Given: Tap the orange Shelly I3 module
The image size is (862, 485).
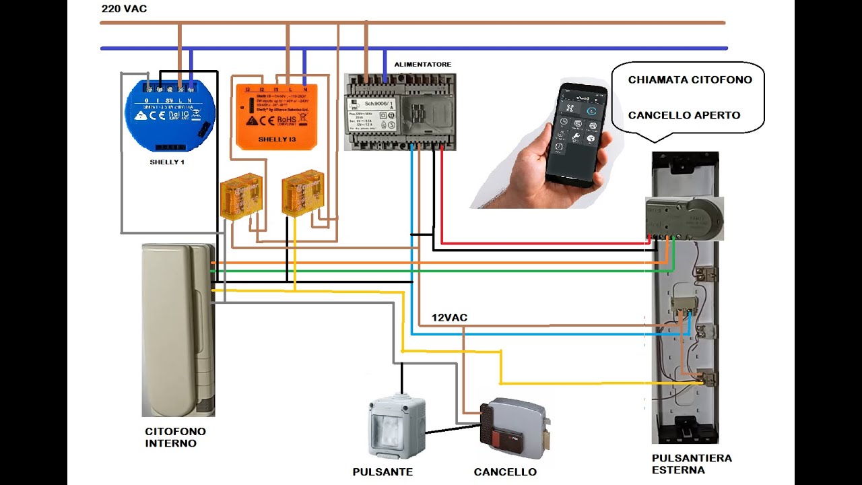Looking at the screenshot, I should [x=277, y=115].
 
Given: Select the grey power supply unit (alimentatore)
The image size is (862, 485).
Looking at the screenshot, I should [x=400, y=110].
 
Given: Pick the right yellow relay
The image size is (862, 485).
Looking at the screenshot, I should [x=302, y=192].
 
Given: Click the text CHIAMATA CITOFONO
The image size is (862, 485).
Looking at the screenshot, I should [x=690, y=79].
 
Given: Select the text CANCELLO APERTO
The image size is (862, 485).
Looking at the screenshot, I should [x=684, y=115].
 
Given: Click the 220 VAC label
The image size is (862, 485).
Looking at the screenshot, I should [x=124, y=9].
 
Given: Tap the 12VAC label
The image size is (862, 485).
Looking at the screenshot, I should [x=449, y=317].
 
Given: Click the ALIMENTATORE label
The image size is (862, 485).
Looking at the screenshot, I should [x=423, y=64].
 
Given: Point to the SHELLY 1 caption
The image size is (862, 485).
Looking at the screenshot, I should [x=166, y=162].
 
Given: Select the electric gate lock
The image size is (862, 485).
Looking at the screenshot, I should [x=515, y=428].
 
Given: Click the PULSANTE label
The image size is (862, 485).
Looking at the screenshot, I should [x=383, y=472].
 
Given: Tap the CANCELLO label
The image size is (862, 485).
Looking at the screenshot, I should [x=505, y=472].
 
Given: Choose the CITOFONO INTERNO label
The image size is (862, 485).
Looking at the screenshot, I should [x=175, y=437].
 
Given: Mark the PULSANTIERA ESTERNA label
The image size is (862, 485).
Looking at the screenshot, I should [x=692, y=463].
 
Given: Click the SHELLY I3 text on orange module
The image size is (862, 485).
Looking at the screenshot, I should [x=277, y=139].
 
